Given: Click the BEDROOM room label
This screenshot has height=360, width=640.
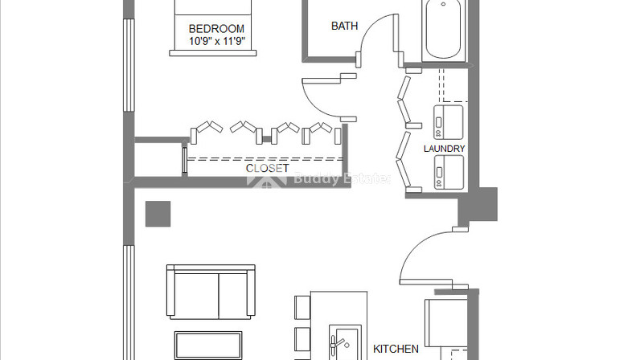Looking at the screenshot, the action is pyautogui.click(x=216, y=29).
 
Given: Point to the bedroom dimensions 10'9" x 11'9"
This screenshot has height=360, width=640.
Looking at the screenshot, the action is pyautogui.click(x=217, y=41).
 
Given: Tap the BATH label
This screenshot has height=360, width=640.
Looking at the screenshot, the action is pyautogui.click(x=344, y=26).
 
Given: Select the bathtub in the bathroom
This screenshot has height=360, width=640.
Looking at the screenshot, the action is pyautogui.click(x=443, y=31).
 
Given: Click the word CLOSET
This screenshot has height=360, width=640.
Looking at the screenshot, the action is pyautogui.click(x=268, y=168).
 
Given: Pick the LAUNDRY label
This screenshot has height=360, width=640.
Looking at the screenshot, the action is pyautogui.click(x=444, y=149).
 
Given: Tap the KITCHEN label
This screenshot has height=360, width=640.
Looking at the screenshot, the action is pyautogui.click(x=396, y=349).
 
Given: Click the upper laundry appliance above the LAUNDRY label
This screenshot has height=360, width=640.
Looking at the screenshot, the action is pyautogui.click(x=448, y=122).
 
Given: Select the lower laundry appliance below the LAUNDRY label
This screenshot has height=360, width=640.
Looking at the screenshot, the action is pyautogui.click(x=449, y=172).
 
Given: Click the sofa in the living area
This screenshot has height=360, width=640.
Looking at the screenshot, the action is pyautogui.click(x=211, y=292).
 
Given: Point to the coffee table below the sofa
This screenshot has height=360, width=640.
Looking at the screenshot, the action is pyautogui.click(x=208, y=346).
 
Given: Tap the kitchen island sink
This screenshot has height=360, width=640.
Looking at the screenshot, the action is pyautogui.click(x=345, y=342).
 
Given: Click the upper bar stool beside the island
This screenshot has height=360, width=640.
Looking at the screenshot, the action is pyautogui.click(x=302, y=307).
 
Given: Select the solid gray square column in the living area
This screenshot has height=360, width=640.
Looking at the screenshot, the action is pyautogui.click(x=158, y=214).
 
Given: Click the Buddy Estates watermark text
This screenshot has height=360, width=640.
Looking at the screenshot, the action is pyautogui.click(x=342, y=178).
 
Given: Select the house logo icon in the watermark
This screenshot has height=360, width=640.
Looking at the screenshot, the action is pyautogui.click(x=267, y=180).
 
